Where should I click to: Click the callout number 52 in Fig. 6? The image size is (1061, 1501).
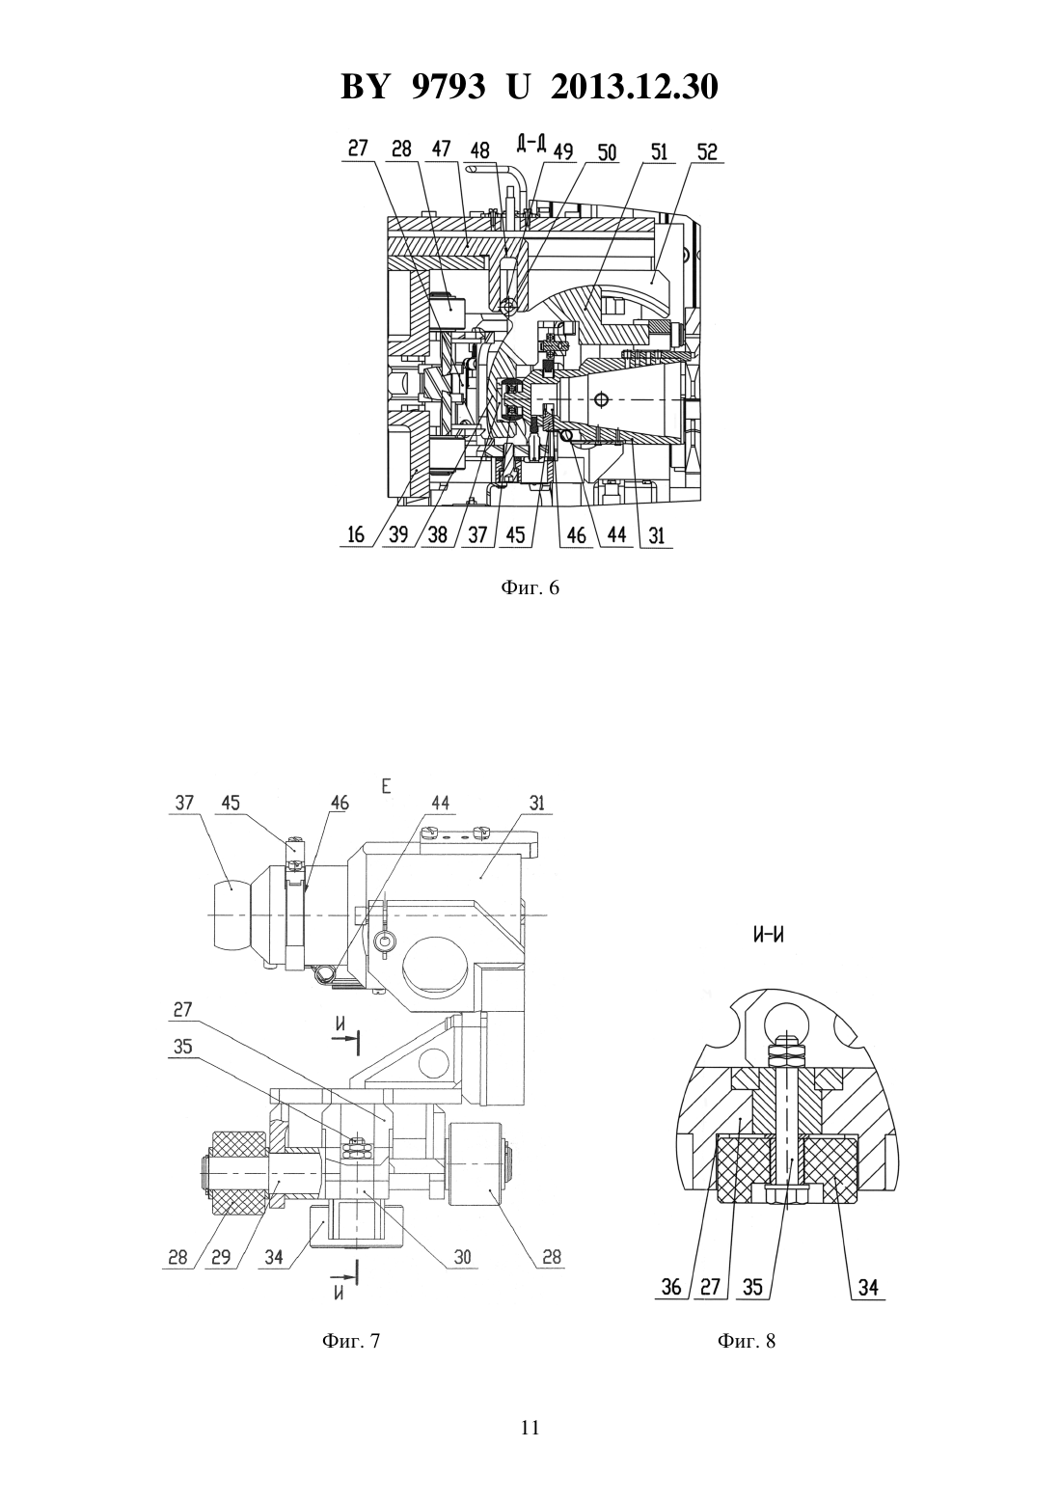click(707, 151)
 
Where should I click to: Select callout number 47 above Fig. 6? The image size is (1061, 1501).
click(442, 149)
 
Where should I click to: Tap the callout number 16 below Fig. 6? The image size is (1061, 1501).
click(356, 534)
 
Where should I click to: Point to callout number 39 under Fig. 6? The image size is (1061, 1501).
click(398, 534)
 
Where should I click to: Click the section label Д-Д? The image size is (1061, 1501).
click(531, 142)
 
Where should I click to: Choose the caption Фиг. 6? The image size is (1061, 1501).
click(530, 588)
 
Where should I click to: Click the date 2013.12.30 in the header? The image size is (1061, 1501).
click(635, 87)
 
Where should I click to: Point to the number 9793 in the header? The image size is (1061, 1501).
click(447, 87)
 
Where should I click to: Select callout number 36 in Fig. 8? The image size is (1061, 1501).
click(671, 1287)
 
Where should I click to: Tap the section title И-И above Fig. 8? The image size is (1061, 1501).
click(769, 934)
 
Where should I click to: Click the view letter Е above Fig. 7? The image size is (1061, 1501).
click(387, 787)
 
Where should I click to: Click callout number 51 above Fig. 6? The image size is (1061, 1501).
click(660, 151)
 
